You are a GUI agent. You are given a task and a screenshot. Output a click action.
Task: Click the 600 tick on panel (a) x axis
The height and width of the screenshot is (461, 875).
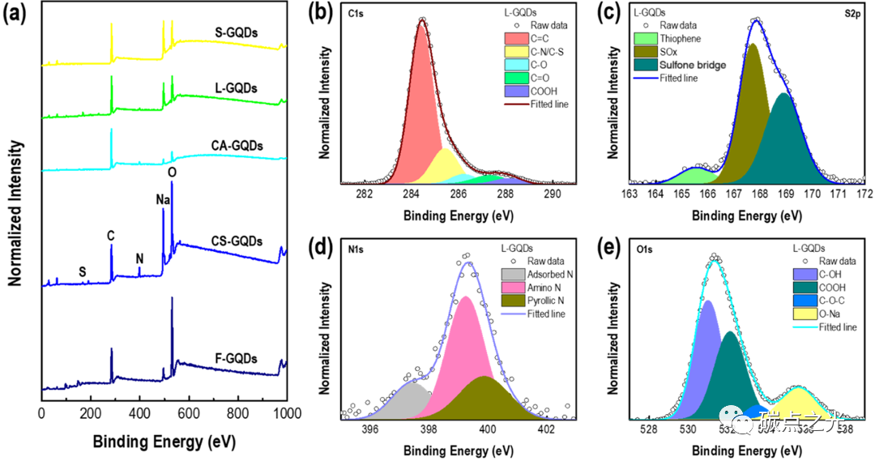(189, 412)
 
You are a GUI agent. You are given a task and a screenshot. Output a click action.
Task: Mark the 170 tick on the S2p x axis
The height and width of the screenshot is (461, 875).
(812, 195)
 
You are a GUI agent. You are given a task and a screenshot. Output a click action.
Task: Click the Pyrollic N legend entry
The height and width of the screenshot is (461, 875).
(547, 301)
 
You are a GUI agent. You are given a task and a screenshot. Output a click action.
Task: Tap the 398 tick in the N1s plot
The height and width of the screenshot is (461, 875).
(429, 429)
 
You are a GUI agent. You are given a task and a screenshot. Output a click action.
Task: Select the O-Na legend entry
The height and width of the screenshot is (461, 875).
(814, 314)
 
